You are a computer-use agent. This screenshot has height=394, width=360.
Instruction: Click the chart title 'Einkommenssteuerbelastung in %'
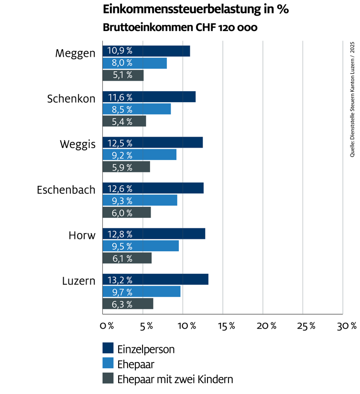(x=196, y=10)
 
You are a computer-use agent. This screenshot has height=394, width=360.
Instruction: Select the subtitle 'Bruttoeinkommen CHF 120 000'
(x=180, y=28)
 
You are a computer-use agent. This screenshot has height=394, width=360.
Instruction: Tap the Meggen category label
(x=75, y=53)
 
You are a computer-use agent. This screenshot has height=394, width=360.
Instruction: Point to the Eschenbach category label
(x=66, y=190)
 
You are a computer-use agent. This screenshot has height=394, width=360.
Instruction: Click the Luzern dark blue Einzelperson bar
(x=155, y=280)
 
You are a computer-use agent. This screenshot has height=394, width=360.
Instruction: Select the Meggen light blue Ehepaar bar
(x=135, y=63)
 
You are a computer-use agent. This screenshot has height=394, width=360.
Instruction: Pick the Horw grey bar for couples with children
(x=127, y=258)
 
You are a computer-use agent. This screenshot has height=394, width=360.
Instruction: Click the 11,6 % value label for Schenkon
(x=120, y=97)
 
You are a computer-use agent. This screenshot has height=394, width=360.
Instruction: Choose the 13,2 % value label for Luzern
(x=120, y=280)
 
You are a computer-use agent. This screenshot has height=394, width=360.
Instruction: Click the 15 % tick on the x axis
(x=226, y=326)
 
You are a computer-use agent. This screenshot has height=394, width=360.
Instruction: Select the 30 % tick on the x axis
(x=347, y=326)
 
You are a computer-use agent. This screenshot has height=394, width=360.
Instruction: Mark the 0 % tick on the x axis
(x=107, y=326)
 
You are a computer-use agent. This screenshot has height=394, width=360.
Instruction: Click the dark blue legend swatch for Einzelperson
(x=108, y=349)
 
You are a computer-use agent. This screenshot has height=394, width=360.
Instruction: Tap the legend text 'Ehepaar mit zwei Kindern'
(x=175, y=380)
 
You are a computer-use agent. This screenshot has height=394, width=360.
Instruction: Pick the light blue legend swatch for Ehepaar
(x=108, y=364)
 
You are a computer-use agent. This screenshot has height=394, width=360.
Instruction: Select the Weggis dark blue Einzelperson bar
(x=153, y=143)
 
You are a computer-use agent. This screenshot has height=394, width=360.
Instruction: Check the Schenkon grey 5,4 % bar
(x=124, y=121)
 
